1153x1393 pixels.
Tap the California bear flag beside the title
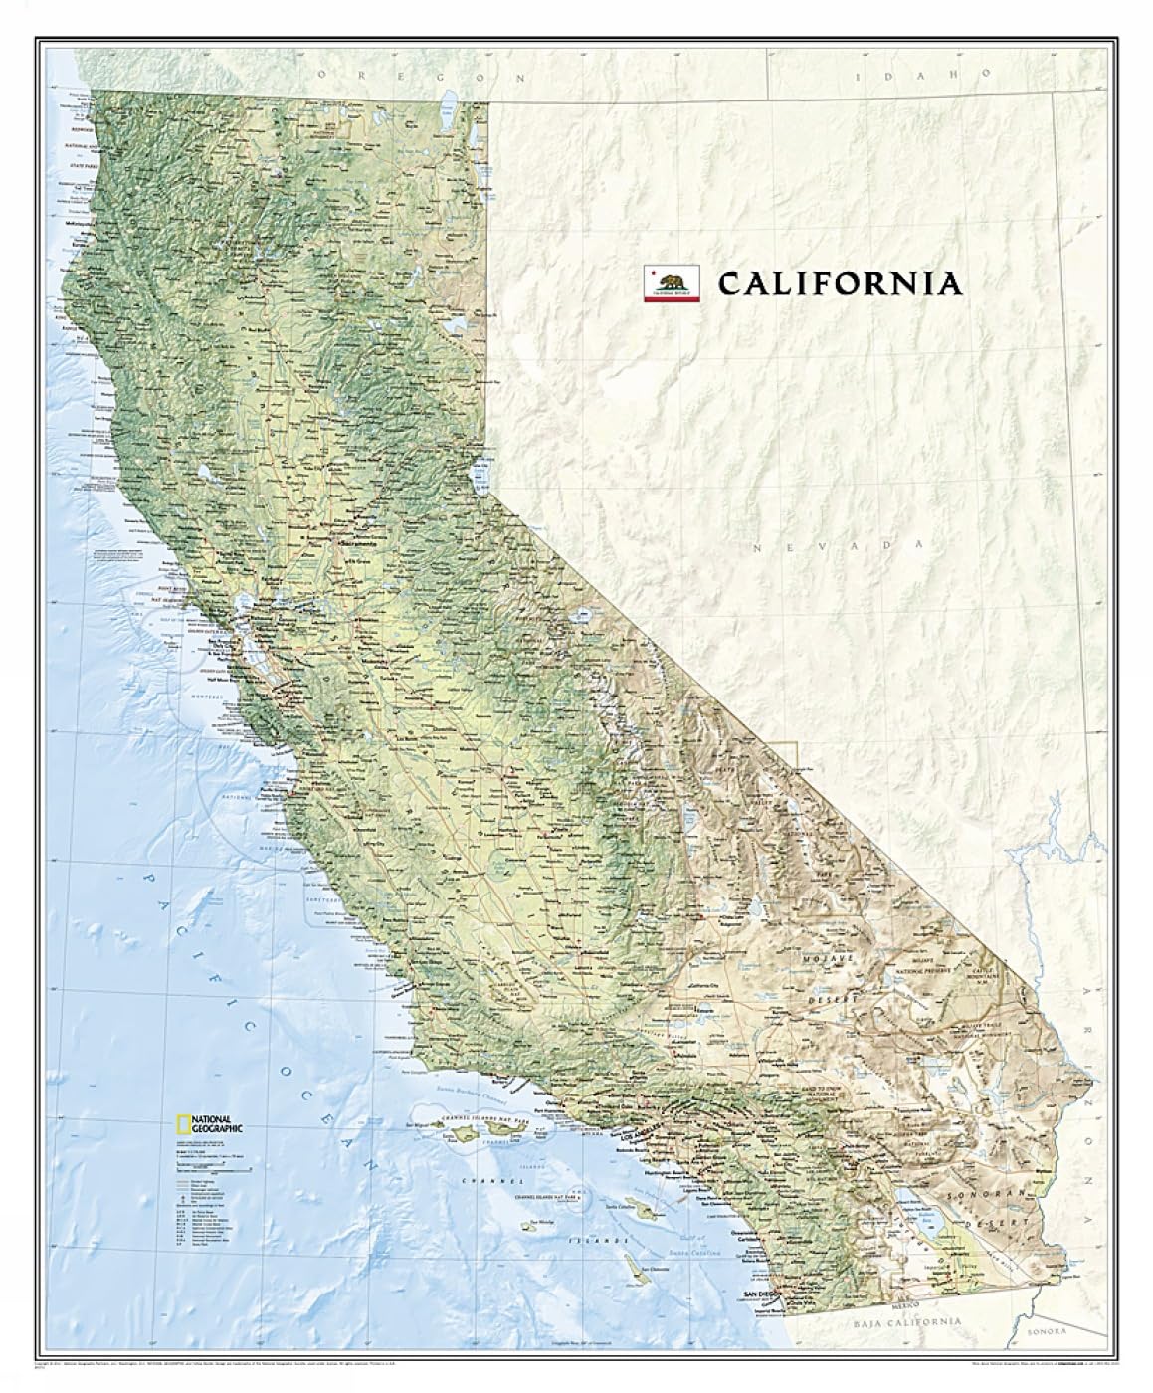click(x=673, y=283)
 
